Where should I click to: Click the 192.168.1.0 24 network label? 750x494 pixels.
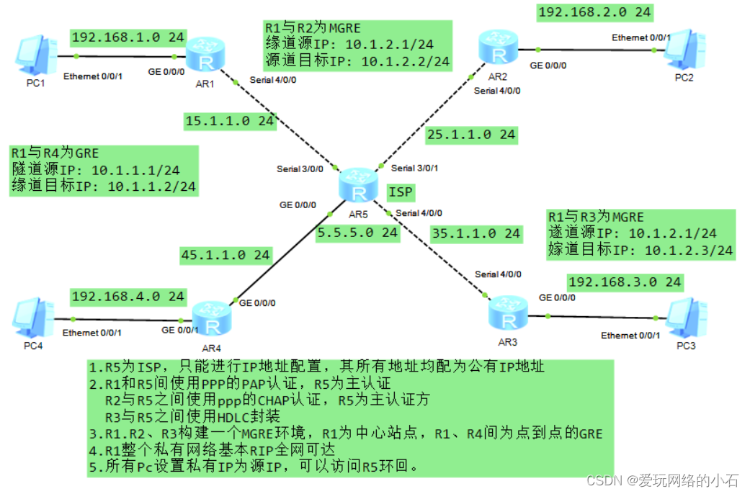128,37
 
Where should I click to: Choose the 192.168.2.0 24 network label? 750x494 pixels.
594,12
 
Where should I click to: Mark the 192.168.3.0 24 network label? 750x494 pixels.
625,282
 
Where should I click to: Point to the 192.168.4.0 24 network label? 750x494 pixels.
128,296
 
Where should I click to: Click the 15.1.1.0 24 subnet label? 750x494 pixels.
230,120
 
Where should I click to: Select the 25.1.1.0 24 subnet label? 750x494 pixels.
471,134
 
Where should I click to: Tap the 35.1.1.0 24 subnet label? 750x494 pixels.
476,233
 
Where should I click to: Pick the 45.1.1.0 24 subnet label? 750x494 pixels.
226,254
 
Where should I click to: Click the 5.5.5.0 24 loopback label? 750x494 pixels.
358,233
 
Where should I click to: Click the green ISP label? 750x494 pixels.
401,192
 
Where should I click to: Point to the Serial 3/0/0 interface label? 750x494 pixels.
300,169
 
